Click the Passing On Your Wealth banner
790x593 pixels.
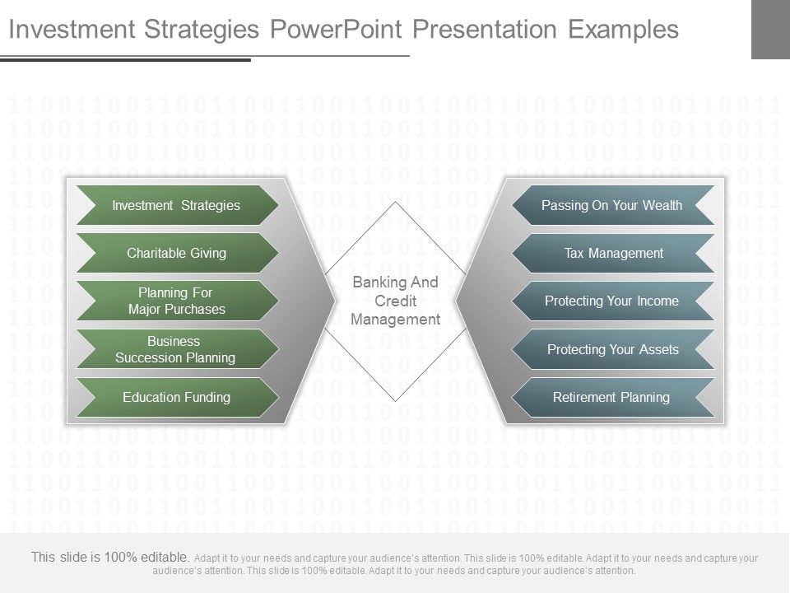click(613, 205)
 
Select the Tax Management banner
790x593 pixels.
click(613, 253)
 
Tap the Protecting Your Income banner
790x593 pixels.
click(613, 301)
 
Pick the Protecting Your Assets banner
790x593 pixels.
click(613, 349)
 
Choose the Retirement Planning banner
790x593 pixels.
click(613, 397)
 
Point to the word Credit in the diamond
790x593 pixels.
click(396, 301)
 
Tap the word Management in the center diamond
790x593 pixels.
click(396, 320)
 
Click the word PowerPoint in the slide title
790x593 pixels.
click(336, 30)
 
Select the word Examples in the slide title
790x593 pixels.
click(623, 30)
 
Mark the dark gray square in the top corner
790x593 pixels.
click(770, 30)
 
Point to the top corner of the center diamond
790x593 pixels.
click(396, 202)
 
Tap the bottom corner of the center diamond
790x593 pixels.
click(396, 401)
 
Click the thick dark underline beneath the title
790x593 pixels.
click(125, 60)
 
